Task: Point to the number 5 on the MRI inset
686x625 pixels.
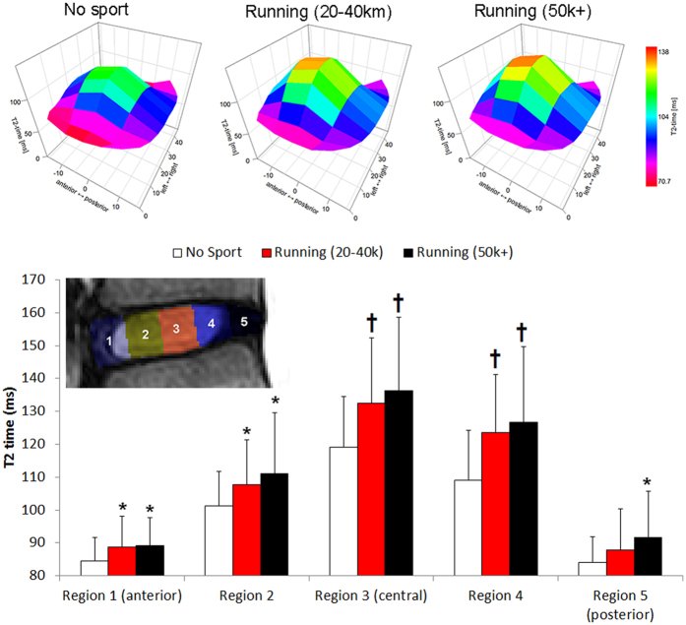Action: click(x=242, y=320)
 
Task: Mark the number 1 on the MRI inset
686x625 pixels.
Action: click(x=109, y=341)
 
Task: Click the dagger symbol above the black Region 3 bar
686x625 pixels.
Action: click(x=399, y=301)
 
